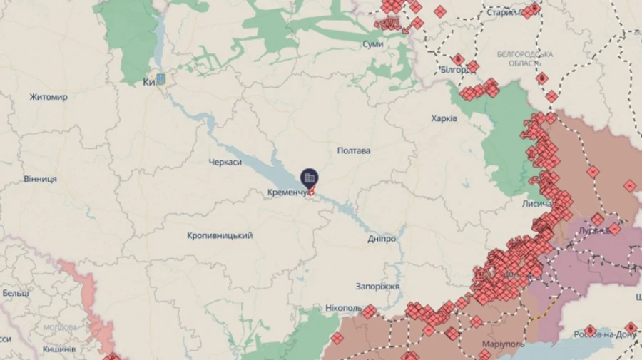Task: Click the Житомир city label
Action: [49, 97]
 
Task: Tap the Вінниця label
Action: [40, 178]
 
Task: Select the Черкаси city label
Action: [225, 163]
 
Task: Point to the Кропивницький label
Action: [220, 235]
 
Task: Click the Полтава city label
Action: [354, 151]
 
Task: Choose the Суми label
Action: [373, 44]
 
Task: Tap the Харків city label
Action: [444, 118]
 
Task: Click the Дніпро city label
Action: [382, 239]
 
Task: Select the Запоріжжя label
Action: [378, 287]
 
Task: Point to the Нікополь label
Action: [343, 308]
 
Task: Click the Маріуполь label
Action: [504, 344]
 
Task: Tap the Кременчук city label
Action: [288, 193]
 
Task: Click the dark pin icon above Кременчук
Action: [310, 178]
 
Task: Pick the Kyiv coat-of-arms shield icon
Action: [161, 79]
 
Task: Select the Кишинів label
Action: [59, 349]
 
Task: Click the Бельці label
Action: [15, 293]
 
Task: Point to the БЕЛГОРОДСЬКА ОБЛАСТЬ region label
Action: [526, 58]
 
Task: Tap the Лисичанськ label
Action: [537, 204]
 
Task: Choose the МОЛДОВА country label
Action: [60, 328]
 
